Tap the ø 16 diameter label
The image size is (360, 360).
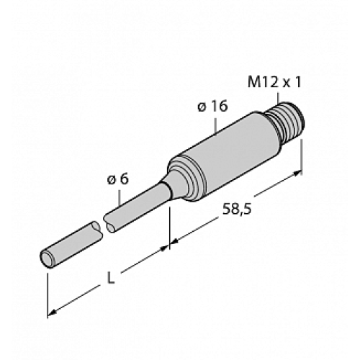tap(212, 107)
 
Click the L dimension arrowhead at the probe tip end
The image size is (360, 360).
tap(53, 312)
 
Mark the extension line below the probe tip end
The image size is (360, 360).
tap(48, 292)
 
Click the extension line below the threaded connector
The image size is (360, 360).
tap(301, 155)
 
